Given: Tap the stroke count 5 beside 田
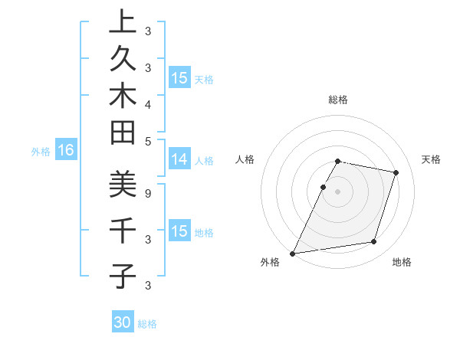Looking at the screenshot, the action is point(147,140).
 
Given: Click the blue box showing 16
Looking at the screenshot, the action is point(65,151).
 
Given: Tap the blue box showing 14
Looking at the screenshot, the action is point(179,159).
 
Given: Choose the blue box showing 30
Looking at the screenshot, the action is point(123,322).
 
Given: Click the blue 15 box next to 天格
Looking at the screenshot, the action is point(179,78).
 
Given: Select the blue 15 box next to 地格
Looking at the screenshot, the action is point(179,231).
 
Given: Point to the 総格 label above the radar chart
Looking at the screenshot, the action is point(338,100).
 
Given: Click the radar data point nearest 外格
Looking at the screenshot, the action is point(293,253).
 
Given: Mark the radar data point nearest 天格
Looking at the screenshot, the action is point(396,173).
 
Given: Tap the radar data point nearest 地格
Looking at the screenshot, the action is point(374,242).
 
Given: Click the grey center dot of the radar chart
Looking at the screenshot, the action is point(338,191).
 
